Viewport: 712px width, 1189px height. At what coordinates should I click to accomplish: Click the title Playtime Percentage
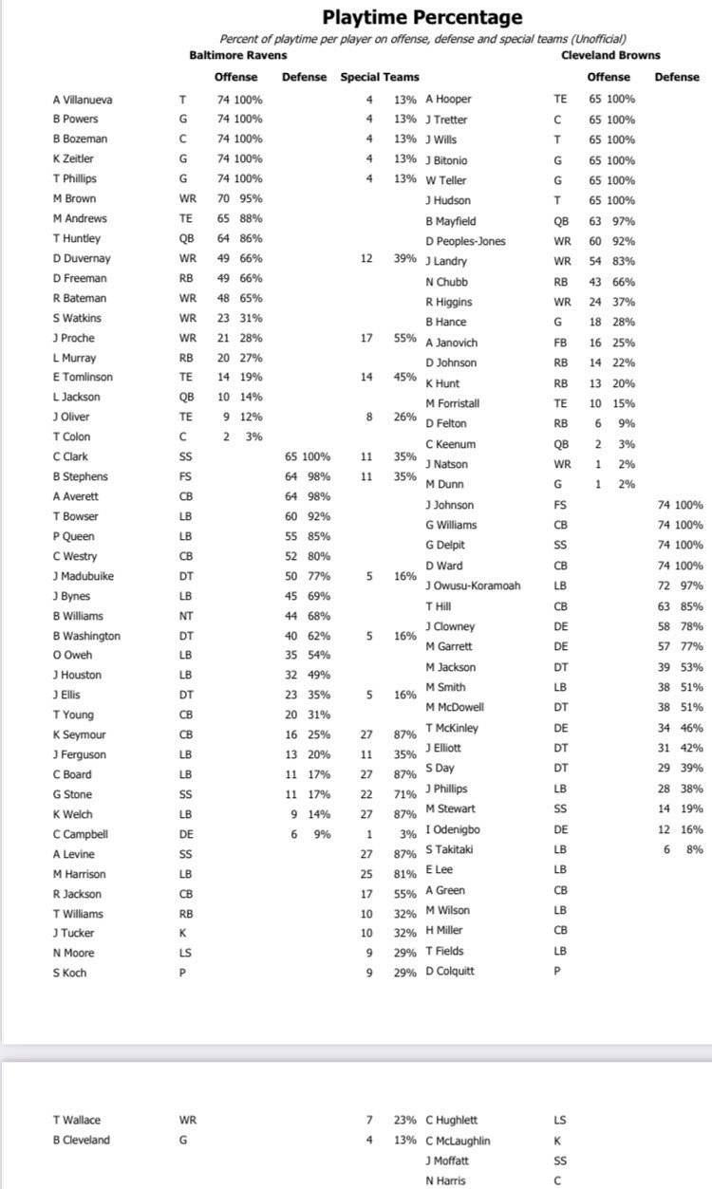(422, 17)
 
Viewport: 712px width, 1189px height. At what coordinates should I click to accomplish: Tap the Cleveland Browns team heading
(611, 55)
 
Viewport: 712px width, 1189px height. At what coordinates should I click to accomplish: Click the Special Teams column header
(380, 77)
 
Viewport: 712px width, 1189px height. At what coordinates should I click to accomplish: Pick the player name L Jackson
(76, 397)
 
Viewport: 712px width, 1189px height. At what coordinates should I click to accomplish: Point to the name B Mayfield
(451, 221)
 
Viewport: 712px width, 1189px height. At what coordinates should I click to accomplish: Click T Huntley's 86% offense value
(250, 238)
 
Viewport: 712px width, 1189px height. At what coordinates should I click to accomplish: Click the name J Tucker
(74, 933)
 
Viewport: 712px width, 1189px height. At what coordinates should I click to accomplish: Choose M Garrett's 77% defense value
(691, 646)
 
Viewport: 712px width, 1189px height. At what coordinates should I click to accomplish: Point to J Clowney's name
(450, 626)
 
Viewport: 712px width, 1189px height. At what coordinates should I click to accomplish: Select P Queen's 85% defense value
(318, 536)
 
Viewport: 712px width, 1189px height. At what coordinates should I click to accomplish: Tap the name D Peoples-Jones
(466, 241)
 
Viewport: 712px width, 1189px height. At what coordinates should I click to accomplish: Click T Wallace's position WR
(187, 1120)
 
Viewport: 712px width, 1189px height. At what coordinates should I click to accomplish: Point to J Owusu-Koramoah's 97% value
(691, 585)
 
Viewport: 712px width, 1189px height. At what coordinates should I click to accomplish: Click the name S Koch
(70, 973)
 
